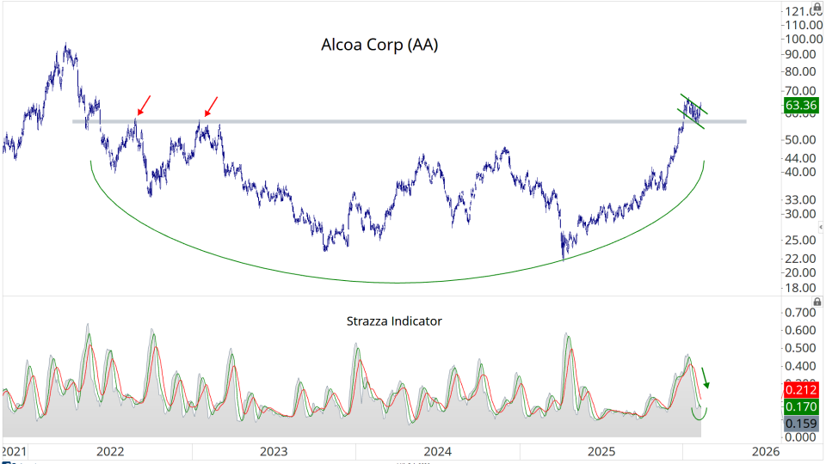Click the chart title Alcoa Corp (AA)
(379, 45)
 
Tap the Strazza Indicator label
(394, 321)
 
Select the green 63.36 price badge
(801, 106)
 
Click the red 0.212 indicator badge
(801, 390)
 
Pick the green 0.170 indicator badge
(801, 406)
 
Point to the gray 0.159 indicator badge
(801, 423)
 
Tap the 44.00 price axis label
(801, 158)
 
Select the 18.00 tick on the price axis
(801, 288)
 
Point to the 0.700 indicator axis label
(801, 312)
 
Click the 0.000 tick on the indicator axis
(801, 437)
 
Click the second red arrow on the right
(211, 106)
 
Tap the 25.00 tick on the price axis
(801, 240)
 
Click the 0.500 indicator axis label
(801, 348)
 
